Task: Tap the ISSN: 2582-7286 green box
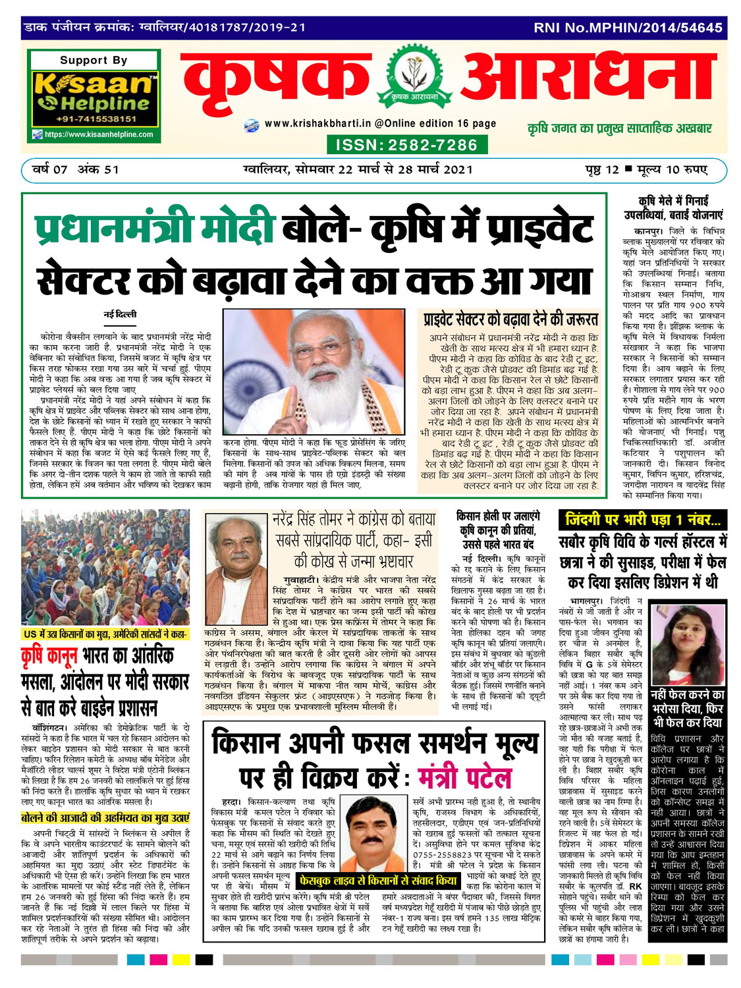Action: click(x=406, y=145)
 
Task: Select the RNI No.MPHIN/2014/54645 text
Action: click(x=628, y=28)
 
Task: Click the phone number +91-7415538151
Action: click(x=96, y=119)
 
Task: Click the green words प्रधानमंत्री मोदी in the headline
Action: click(x=154, y=229)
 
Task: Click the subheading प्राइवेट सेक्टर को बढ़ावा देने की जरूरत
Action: click(x=510, y=320)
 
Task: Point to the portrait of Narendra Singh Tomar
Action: click(x=235, y=568)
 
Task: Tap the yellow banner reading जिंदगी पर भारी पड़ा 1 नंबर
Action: click(x=642, y=520)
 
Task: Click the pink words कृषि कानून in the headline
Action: click(x=50, y=657)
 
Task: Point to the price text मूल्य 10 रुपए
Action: click(x=672, y=169)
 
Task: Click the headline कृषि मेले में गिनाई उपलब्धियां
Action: click(x=674, y=207)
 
